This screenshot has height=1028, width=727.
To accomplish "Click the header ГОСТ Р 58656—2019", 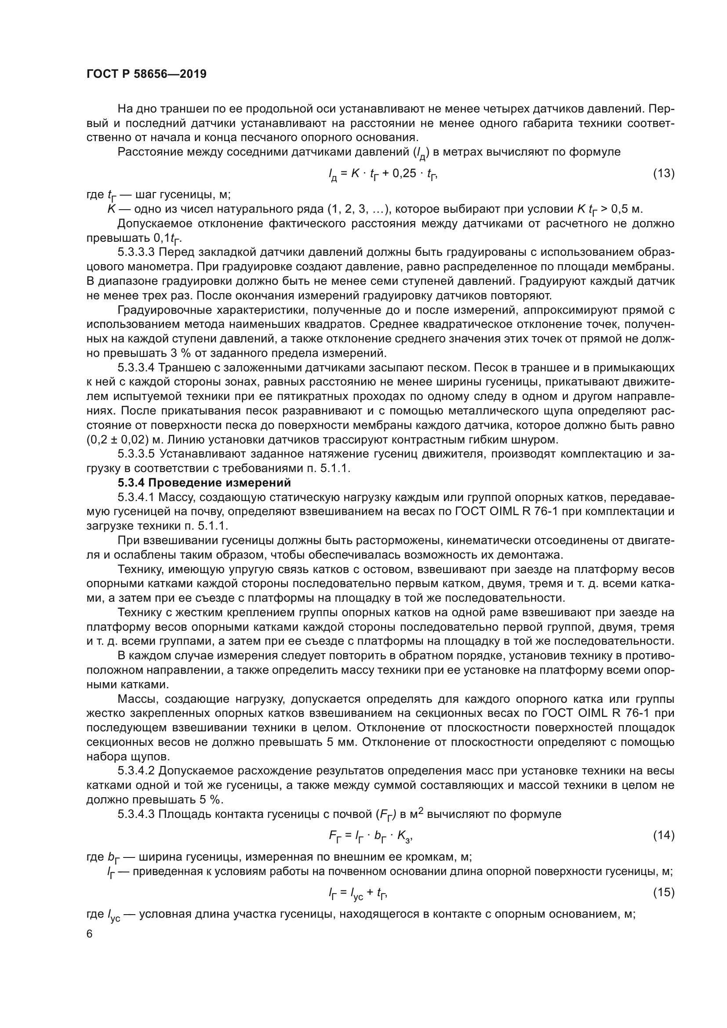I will pos(146,74).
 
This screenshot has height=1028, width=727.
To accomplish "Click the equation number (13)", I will pos(664,173).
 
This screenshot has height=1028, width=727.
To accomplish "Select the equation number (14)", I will pos(664,835).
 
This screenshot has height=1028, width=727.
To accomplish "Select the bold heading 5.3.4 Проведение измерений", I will pos(204,483).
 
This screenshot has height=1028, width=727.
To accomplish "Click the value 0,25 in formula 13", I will pos(404,173).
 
